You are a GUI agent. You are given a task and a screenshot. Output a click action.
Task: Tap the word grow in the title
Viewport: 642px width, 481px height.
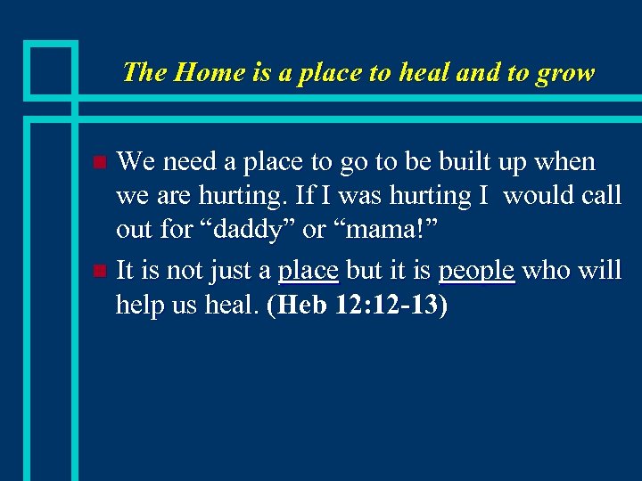click(x=565, y=72)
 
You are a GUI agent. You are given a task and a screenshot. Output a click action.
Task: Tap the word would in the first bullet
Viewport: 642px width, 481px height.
click(x=540, y=195)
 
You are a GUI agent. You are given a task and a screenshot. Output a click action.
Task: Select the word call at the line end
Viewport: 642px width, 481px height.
click(x=602, y=195)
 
